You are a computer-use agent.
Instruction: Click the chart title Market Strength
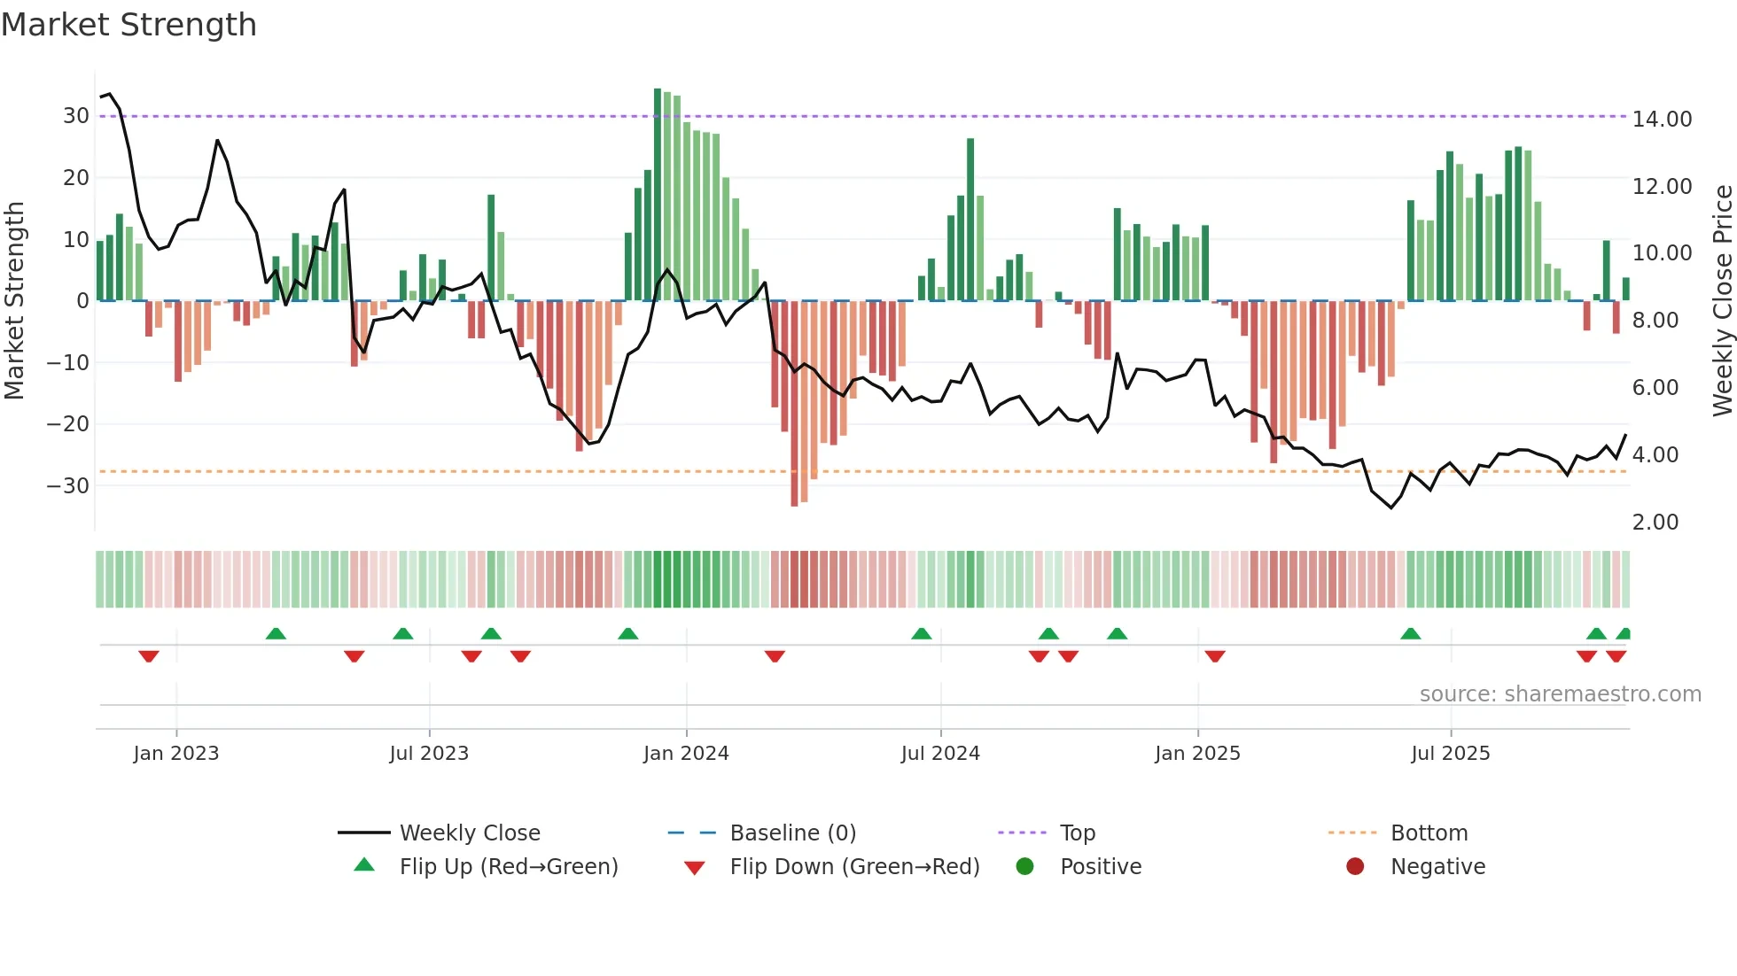129,25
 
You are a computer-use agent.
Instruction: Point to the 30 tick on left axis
76,116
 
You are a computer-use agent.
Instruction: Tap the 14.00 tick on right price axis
1662,119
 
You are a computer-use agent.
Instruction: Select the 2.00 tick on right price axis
1655,522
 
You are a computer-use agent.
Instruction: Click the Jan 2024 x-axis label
686,754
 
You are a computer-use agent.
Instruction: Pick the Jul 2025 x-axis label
1450,754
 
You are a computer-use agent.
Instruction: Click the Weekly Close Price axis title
1722,301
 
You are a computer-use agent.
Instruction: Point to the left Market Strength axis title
14,301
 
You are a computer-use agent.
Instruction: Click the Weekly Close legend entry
469,833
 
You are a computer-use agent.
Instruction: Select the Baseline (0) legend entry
792,833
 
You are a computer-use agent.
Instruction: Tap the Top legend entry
1077,833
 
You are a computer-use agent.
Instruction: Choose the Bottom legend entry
1429,833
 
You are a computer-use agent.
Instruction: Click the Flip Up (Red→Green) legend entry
508,867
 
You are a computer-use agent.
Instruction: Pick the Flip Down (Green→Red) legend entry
854,867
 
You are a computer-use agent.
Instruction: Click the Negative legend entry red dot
1355,867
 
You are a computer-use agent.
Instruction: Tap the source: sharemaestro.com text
1560,694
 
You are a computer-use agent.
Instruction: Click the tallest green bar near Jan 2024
658,195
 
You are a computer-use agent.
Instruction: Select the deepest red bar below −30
794,403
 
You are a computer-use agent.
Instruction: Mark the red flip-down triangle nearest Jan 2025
1215,656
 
